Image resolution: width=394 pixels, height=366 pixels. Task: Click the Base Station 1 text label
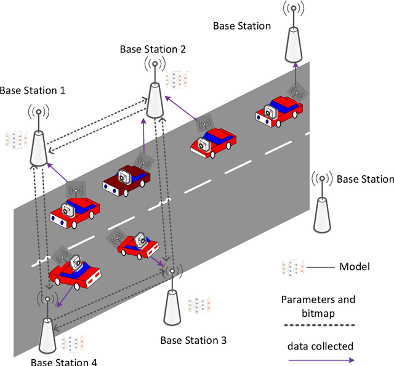32,90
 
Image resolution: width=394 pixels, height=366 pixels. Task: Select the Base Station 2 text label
153,49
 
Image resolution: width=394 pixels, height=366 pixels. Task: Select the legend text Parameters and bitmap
318,306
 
